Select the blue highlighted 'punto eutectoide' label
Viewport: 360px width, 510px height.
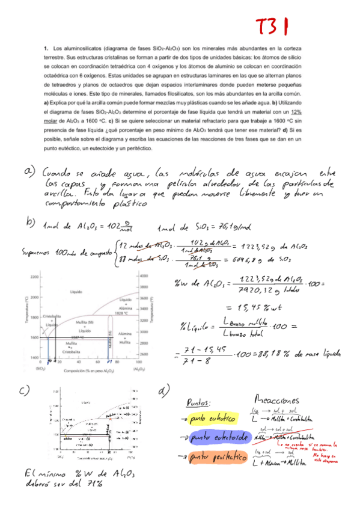click(213, 438)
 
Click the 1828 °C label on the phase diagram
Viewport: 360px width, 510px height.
click(124, 313)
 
